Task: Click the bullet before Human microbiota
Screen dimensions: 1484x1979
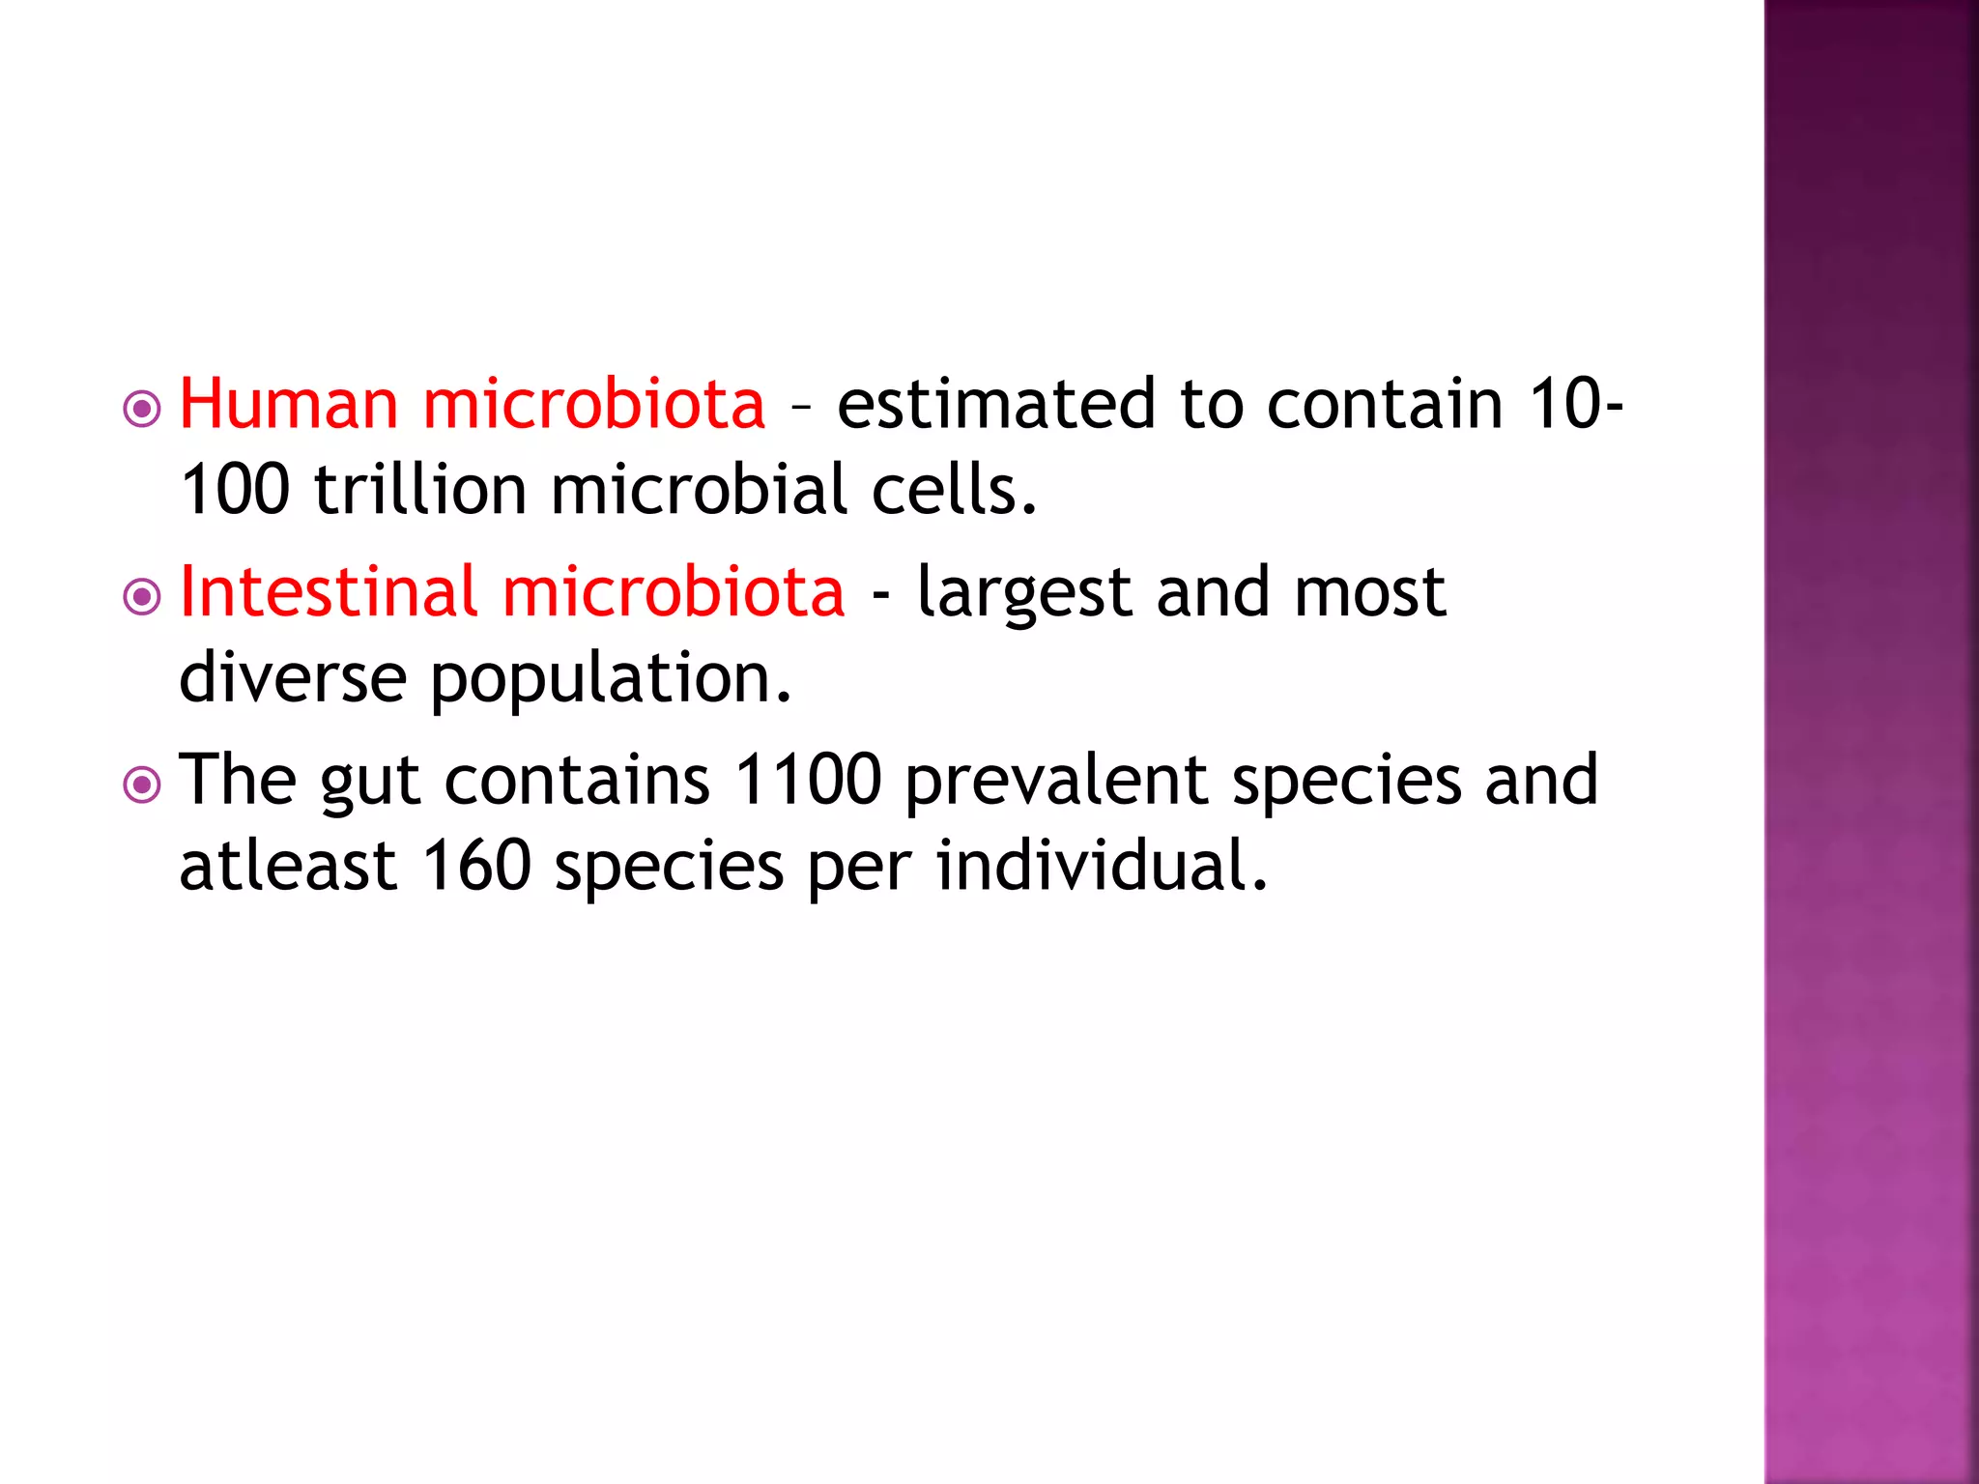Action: [x=142, y=409]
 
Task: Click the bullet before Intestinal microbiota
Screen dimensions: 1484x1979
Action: [x=142, y=597]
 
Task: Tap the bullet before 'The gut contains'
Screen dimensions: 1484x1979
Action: [x=142, y=785]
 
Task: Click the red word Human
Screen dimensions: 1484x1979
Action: [x=289, y=404]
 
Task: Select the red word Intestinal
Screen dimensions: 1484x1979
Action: [x=329, y=591]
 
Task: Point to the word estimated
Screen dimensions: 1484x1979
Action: [x=995, y=404]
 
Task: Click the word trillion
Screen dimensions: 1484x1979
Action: [x=421, y=489]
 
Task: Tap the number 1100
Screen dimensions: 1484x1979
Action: [x=808, y=779]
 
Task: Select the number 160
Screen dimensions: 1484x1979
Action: [x=476, y=865]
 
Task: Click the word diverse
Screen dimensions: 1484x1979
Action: [x=293, y=676]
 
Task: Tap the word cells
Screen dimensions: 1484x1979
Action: [x=954, y=489]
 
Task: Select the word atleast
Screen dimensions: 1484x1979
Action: [x=288, y=865]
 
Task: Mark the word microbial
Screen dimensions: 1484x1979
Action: [x=700, y=489]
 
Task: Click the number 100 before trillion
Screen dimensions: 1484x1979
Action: [x=235, y=489]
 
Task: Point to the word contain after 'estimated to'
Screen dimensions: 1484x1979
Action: [x=1385, y=404]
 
